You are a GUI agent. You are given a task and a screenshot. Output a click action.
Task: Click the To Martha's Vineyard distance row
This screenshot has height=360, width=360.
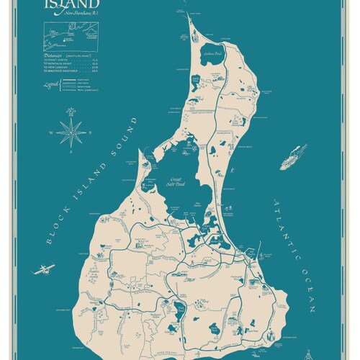click(72, 71)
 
